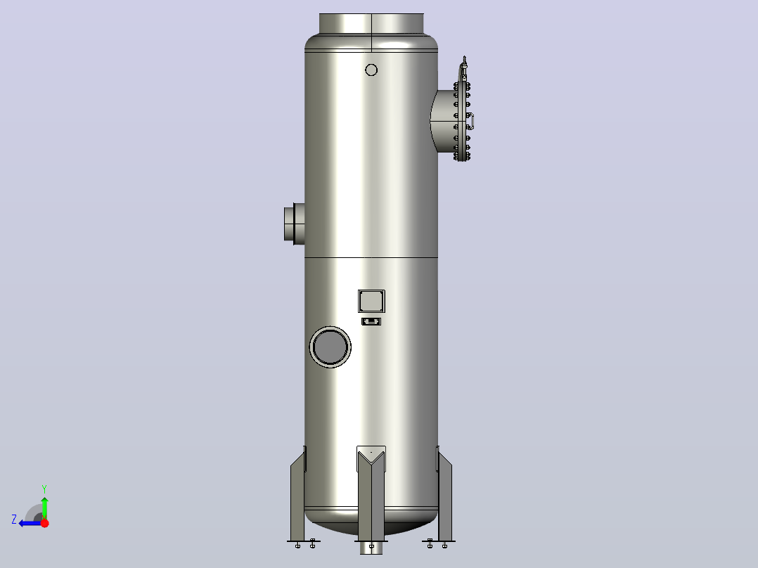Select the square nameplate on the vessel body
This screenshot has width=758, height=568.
tap(371, 301)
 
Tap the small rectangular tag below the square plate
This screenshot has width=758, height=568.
tap(371, 321)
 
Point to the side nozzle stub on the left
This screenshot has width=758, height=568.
tap(295, 224)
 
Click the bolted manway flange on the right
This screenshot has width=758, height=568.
tap(462, 121)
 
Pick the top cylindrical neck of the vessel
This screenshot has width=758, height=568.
tap(371, 23)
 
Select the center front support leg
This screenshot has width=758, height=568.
tap(371, 493)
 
